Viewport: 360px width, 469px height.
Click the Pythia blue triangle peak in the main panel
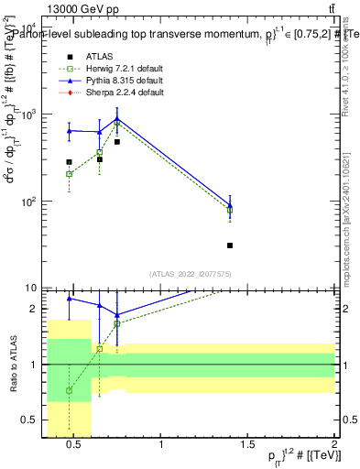[117, 119]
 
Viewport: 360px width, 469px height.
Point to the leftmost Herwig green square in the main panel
[69, 173]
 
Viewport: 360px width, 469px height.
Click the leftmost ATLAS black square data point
[69, 162]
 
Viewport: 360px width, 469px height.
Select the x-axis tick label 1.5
[247, 445]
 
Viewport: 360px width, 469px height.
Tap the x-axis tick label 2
[333, 445]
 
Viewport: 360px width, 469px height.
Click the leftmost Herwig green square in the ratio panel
[69, 390]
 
